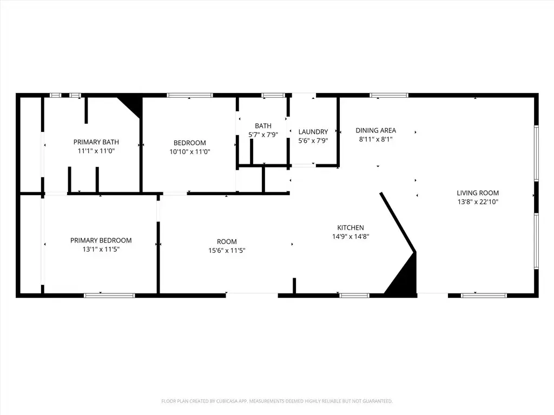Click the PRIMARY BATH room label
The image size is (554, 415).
point(96,142)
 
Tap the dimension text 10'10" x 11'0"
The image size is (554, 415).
point(190,152)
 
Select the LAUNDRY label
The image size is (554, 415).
point(313,132)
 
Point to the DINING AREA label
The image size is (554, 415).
point(375,131)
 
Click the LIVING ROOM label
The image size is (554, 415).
point(478,193)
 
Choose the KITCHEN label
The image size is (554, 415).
point(351,228)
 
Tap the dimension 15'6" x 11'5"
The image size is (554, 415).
point(227,251)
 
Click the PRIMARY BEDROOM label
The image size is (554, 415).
point(101,240)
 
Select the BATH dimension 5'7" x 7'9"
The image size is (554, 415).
point(263,135)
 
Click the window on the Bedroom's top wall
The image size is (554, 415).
point(190,95)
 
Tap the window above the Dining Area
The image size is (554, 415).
point(389,95)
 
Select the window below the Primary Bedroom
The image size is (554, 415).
point(109,296)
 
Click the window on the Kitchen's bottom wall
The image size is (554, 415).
point(354,296)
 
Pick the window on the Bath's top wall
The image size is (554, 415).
point(273,95)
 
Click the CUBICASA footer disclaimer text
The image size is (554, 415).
point(277,401)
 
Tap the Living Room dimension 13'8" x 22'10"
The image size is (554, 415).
point(478,202)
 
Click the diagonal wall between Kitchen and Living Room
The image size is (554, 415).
point(398,222)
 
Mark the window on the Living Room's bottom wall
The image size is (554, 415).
point(484,296)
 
